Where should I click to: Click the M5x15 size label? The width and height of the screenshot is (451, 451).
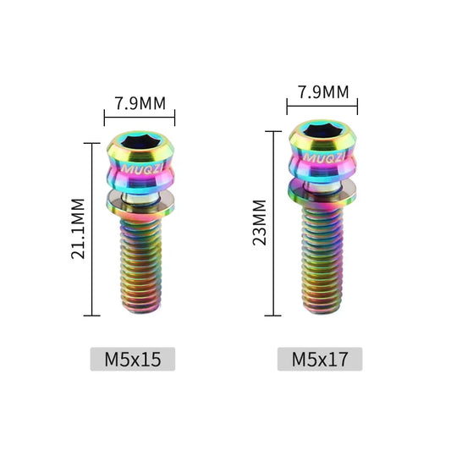133,359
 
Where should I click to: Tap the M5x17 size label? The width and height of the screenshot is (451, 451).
320,359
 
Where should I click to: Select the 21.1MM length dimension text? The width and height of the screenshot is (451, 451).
78,229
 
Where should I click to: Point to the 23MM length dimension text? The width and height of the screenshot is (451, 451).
260,223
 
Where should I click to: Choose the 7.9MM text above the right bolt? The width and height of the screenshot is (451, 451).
323,91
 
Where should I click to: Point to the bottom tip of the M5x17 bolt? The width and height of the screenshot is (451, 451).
322,312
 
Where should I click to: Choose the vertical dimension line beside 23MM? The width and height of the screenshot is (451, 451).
273,223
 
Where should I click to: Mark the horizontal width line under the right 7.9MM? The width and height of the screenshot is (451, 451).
322,107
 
